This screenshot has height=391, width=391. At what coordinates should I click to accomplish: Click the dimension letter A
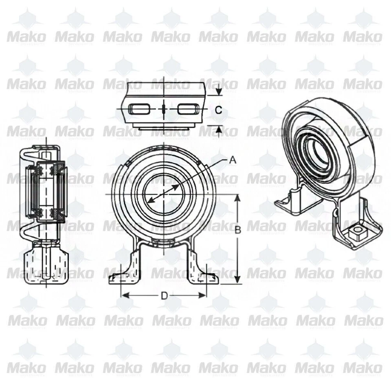[x=233, y=160]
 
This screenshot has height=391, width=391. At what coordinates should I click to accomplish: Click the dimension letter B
[x=238, y=230]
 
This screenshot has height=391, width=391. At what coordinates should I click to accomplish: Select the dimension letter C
[x=218, y=110]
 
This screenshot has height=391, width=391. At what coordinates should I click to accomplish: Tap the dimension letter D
[x=164, y=296]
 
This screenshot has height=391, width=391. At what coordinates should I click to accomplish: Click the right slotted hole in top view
[x=189, y=109]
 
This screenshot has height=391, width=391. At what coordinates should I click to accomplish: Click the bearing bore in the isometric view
[x=319, y=153]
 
